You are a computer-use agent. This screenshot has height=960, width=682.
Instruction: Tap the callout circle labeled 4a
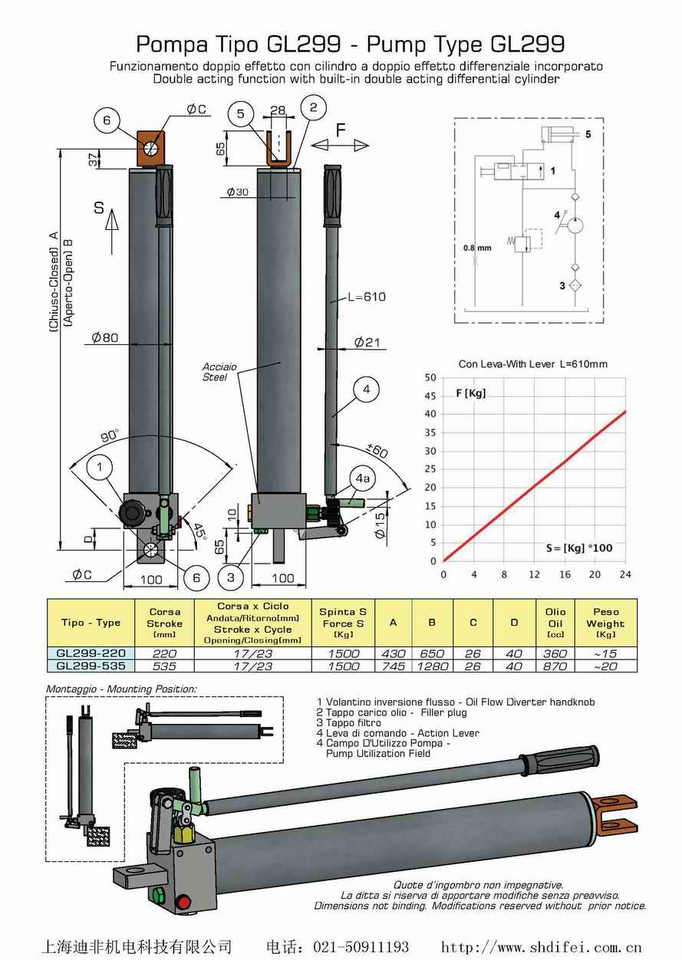click(x=362, y=478)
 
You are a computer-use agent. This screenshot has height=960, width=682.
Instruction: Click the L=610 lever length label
click(x=365, y=297)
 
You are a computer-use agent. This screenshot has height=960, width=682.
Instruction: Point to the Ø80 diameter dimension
click(x=105, y=337)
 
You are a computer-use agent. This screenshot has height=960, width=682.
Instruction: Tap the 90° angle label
click(x=110, y=435)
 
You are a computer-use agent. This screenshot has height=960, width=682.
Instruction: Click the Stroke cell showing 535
click(x=164, y=666)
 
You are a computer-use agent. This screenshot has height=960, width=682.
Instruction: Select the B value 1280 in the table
click(x=432, y=666)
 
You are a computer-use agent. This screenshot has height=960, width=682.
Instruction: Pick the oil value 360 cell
click(x=555, y=653)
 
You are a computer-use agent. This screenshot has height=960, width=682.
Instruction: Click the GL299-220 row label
click(x=91, y=653)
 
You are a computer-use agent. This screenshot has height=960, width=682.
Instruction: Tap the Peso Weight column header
click(x=605, y=623)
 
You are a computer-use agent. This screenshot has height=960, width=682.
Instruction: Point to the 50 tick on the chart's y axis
click(x=430, y=377)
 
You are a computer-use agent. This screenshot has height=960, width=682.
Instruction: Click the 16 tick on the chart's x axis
click(x=565, y=574)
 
